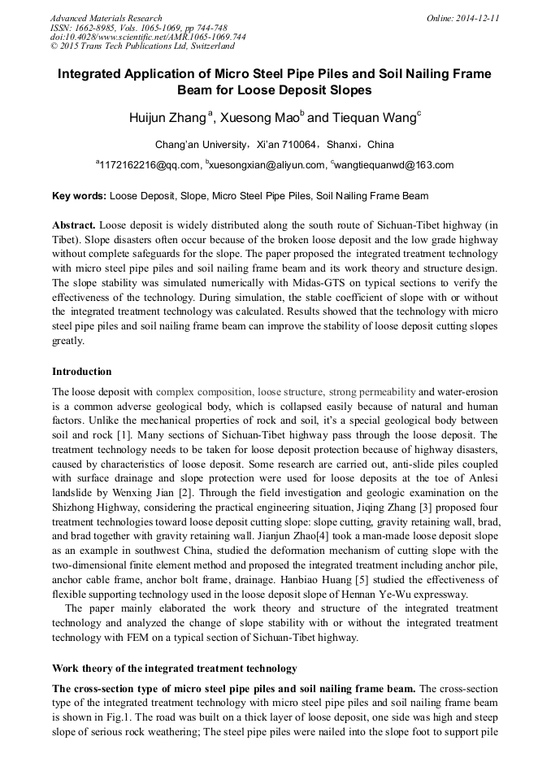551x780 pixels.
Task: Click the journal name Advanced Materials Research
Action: tap(106, 18)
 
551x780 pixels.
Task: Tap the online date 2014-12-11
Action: tap(474, 18)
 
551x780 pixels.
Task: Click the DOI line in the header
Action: tap(148, 37)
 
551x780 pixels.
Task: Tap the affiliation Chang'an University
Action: tap(201, 145)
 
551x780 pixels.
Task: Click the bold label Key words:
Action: tap(79, 196)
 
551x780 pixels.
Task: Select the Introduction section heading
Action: tap(82, 372)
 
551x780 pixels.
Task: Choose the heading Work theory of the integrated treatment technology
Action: tap(174, 669)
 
